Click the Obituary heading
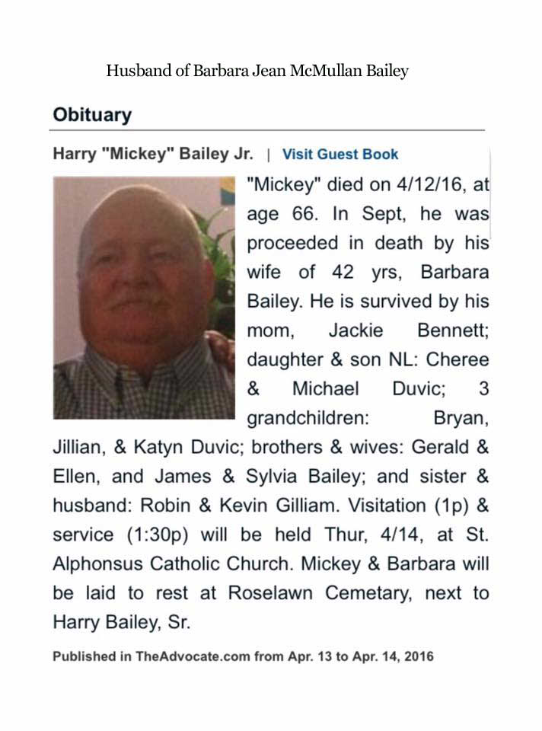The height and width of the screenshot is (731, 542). point(91,116)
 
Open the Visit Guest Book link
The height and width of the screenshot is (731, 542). point(340,154)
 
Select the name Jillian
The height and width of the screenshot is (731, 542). point(78,448)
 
